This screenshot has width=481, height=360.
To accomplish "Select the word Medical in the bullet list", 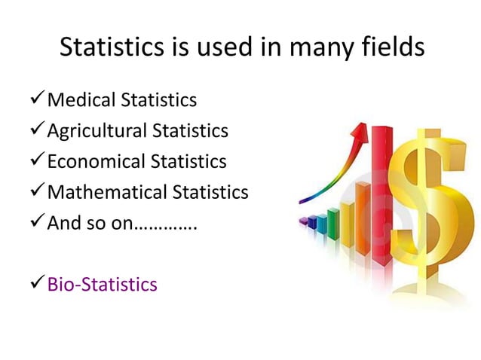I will (79, 99).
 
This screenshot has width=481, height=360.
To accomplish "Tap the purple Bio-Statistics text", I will (103, 284).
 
